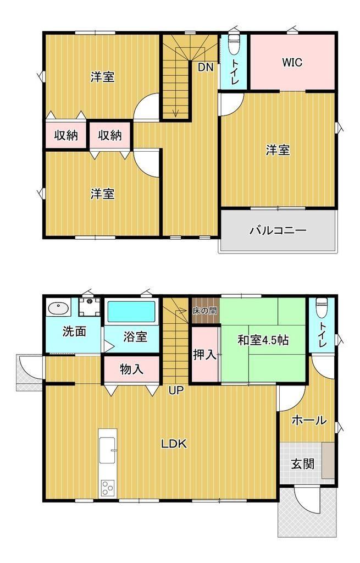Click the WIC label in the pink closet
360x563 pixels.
click(292, 62)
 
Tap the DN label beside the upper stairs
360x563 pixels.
click(206, 67)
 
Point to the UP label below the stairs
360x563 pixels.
click(176, 390)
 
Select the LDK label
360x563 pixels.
click(174, 444)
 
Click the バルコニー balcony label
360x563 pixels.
click(278, 230)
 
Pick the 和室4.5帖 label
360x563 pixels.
click(263, 340)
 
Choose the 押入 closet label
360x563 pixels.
click(204, 355)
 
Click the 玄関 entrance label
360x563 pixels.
click(303, 464)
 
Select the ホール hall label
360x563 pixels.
click(309, 420)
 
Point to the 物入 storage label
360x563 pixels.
click(132, 369)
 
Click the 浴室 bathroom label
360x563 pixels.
click(135, 337)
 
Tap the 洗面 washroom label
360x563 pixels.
click(74, 332)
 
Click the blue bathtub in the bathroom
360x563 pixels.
click(132, 312)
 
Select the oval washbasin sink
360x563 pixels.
click(58, 308)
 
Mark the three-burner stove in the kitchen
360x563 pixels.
click(107, 488)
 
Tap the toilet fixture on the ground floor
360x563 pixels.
click(322, 308)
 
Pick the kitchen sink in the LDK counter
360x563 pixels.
click(107, 450)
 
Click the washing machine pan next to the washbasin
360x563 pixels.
click(90, 306)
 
